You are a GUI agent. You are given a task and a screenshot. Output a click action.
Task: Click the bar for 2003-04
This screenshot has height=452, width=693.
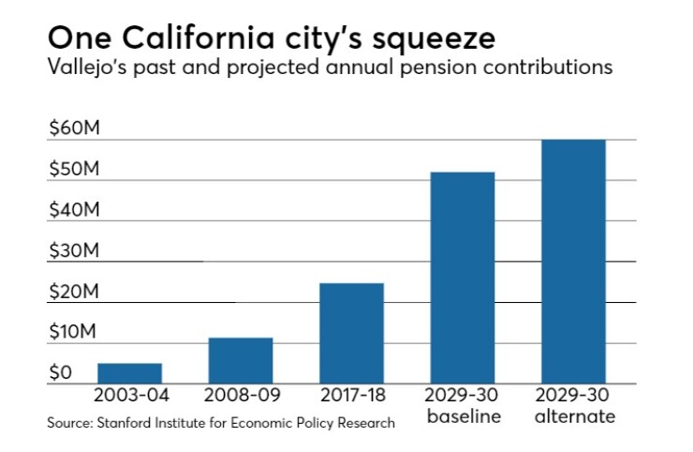click(130, 373)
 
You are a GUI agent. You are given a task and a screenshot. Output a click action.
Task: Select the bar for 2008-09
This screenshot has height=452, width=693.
click(241, 361)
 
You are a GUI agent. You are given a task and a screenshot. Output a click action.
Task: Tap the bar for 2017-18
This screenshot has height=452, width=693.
click(351, 333)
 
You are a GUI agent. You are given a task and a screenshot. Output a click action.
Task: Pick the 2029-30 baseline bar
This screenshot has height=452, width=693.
click(462, 278)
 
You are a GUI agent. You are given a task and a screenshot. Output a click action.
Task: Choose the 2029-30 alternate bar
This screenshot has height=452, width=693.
click(573, 262)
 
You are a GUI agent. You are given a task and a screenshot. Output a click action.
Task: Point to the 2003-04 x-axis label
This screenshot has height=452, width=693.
click(130, 394)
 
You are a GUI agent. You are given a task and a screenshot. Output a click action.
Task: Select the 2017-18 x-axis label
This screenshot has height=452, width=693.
click(351, 394)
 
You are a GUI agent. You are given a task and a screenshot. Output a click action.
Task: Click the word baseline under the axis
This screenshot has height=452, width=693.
click(464, 415)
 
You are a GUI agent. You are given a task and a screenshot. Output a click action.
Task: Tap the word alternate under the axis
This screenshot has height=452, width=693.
click(574, 415)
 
